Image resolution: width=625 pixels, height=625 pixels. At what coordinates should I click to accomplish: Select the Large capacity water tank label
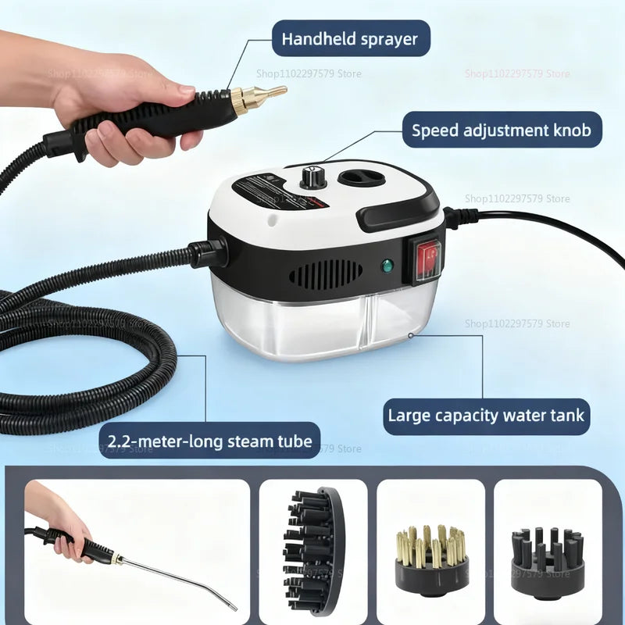point(486,414)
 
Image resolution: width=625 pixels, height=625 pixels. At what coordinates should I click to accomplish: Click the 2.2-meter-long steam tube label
point(209,441)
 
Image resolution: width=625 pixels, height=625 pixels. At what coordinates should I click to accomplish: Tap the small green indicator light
point(386,266)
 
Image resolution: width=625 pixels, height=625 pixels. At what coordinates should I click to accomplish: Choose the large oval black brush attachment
point(312,551)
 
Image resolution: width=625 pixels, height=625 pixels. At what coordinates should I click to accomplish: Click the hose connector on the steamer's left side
point(207,252)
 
